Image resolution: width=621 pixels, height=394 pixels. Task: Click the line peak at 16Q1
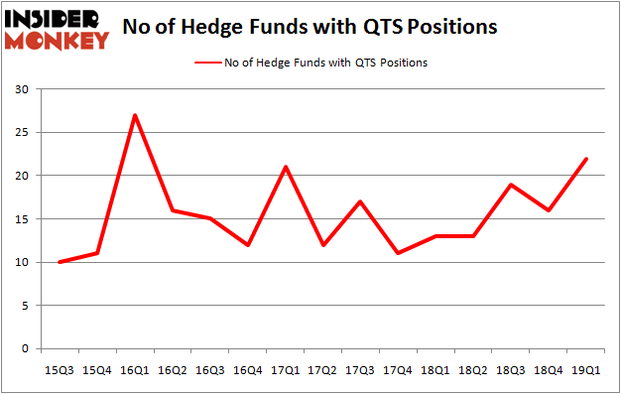(x=134, y=115)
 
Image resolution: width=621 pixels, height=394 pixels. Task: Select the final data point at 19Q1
(x=587, y=159)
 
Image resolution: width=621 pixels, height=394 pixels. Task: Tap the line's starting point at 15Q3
(x=59, y=262)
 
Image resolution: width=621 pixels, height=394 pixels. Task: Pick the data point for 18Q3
(x=511, y=185)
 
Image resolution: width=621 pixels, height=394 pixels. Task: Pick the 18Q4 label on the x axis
(x=548, y=370)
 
